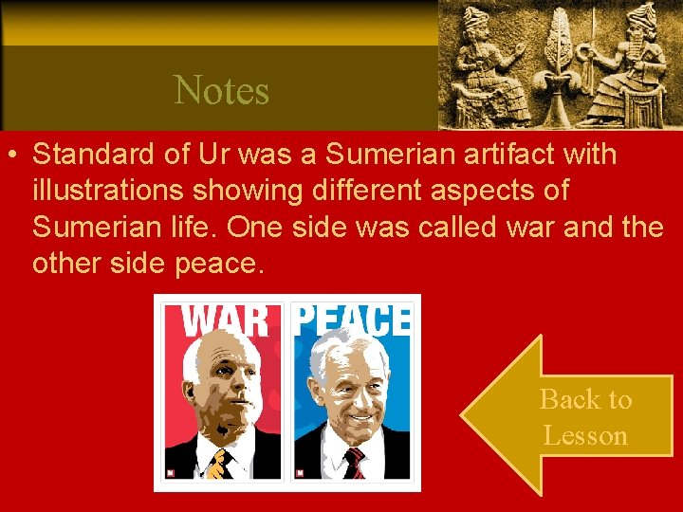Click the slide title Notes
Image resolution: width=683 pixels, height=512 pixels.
pos(222,91)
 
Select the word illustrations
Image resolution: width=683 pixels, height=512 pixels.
pos(107,190)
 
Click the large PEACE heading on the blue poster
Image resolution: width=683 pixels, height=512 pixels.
pos(350,320)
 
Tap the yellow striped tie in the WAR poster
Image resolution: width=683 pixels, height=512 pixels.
pos(221,465)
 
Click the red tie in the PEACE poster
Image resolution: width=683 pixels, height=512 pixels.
pos(355,463)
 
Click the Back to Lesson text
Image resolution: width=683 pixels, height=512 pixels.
pos(585,417)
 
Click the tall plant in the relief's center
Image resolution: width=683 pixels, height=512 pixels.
pos(560,66)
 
